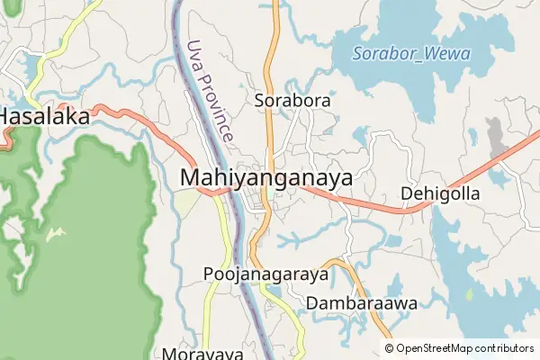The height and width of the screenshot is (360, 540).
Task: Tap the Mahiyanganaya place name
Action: pos(266,177)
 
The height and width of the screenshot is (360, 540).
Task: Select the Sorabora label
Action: pos(292,102)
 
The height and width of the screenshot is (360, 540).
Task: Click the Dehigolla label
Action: pos(441,194)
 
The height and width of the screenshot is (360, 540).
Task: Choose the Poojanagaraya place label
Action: pos(260,274)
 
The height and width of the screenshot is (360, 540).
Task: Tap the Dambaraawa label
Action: pos(362,304)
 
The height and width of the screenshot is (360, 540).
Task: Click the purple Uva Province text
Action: pos(211,90)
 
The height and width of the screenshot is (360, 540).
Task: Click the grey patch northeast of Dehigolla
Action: pos(495,135)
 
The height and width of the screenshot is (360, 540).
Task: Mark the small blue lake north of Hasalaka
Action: pos(35,66)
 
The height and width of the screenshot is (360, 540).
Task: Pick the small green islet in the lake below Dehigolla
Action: pos(469,294)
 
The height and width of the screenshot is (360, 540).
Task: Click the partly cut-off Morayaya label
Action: pos(202,354)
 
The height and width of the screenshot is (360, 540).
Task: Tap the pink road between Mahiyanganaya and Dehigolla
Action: pos(378,207)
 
